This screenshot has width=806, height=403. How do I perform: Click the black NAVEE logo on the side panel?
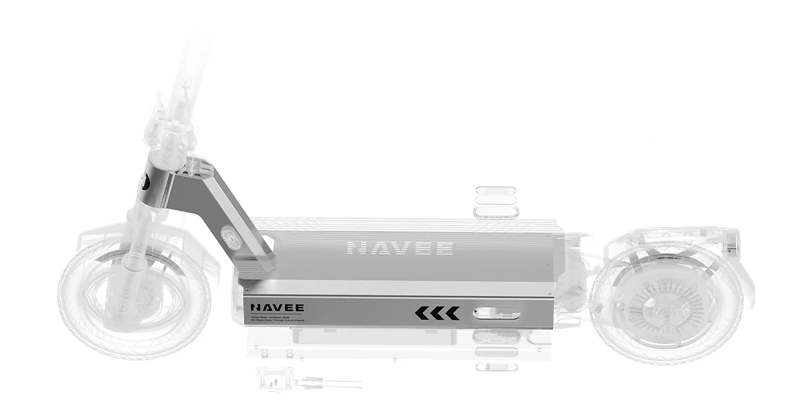coord(277,308)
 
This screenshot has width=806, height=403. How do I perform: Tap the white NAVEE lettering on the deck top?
coord(399,248)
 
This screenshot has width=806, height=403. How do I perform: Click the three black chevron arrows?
coord(437,313)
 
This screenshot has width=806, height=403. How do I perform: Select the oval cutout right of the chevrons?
coord(496,313)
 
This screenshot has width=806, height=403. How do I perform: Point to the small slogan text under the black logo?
coord(276,319)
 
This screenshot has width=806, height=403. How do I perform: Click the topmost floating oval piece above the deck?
coord(495,190)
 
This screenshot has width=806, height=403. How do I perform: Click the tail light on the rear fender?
coord(735,248)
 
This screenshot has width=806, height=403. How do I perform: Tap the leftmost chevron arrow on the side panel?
coord(421,313)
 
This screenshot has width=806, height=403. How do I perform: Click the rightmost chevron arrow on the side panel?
coord(452,313)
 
